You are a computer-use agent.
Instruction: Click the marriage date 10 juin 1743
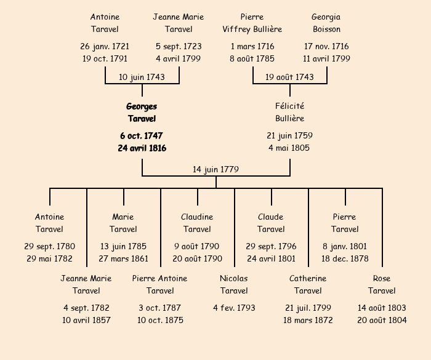pyautogui.click(x=142, y=77)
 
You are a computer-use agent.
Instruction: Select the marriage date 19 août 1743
pyautogui.click(x=289, y=77)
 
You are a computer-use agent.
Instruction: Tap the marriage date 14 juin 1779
pyautogui.click(x=216, y=169)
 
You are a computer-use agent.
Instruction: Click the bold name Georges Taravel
pyautogui.click(x=142, y=113)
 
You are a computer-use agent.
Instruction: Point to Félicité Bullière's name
pyautogui.click(x=289, y=113)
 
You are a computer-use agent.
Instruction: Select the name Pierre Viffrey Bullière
pyautogui.click(x=252, y=23)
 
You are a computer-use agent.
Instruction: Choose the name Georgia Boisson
pyautogui.click(x=326, y=23)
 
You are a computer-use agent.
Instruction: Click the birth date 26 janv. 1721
pyautogui.click(x=105, y=46)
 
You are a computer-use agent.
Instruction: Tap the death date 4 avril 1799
pyautogui.click(x=179, y=58)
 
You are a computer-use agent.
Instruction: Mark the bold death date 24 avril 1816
pyautogui.click(x=142, y=148)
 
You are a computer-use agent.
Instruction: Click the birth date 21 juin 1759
pyautogui.click(x=289, y=135)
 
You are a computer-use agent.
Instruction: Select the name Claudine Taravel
pyautogui.click(x=197, y=223)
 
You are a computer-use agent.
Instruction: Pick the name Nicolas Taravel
pyautogui.click(x=234, y=284)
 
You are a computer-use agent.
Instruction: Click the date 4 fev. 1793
pyautogui.click(x=234, y=308)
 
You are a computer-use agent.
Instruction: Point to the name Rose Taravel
pyautogui.click(x=382, y=284)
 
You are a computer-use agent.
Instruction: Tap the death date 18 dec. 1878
pyautogui.click(x=345, y=258)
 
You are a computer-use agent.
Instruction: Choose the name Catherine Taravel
pyautogui.click(x=308, y=284)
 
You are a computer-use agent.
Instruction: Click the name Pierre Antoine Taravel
pyautogui.click(x=160, y=284)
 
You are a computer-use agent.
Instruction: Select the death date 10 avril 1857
pyautogui.click(x=86, y=320)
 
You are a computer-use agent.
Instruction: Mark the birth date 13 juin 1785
pyautogui.click(x=123, y=246)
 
